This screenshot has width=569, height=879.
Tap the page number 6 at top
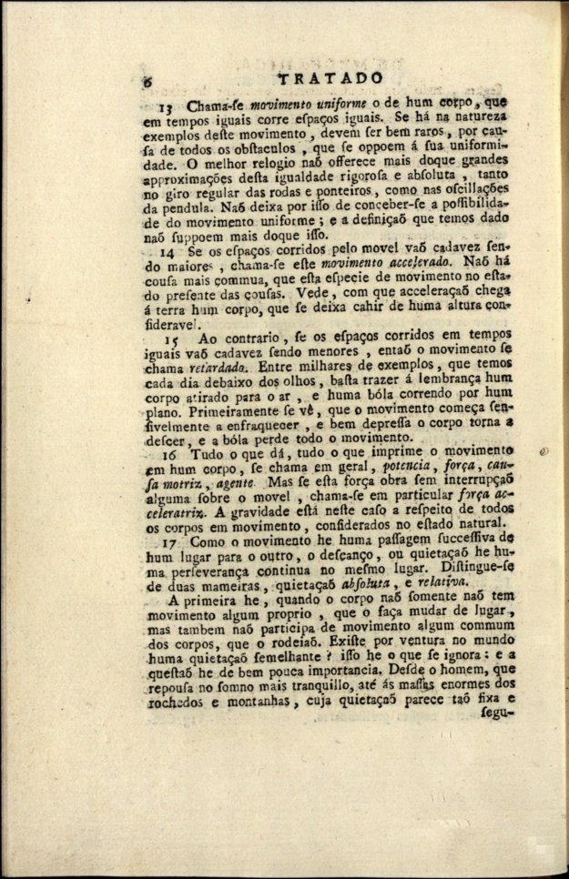point(147,83)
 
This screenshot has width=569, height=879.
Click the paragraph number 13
point(167,106)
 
